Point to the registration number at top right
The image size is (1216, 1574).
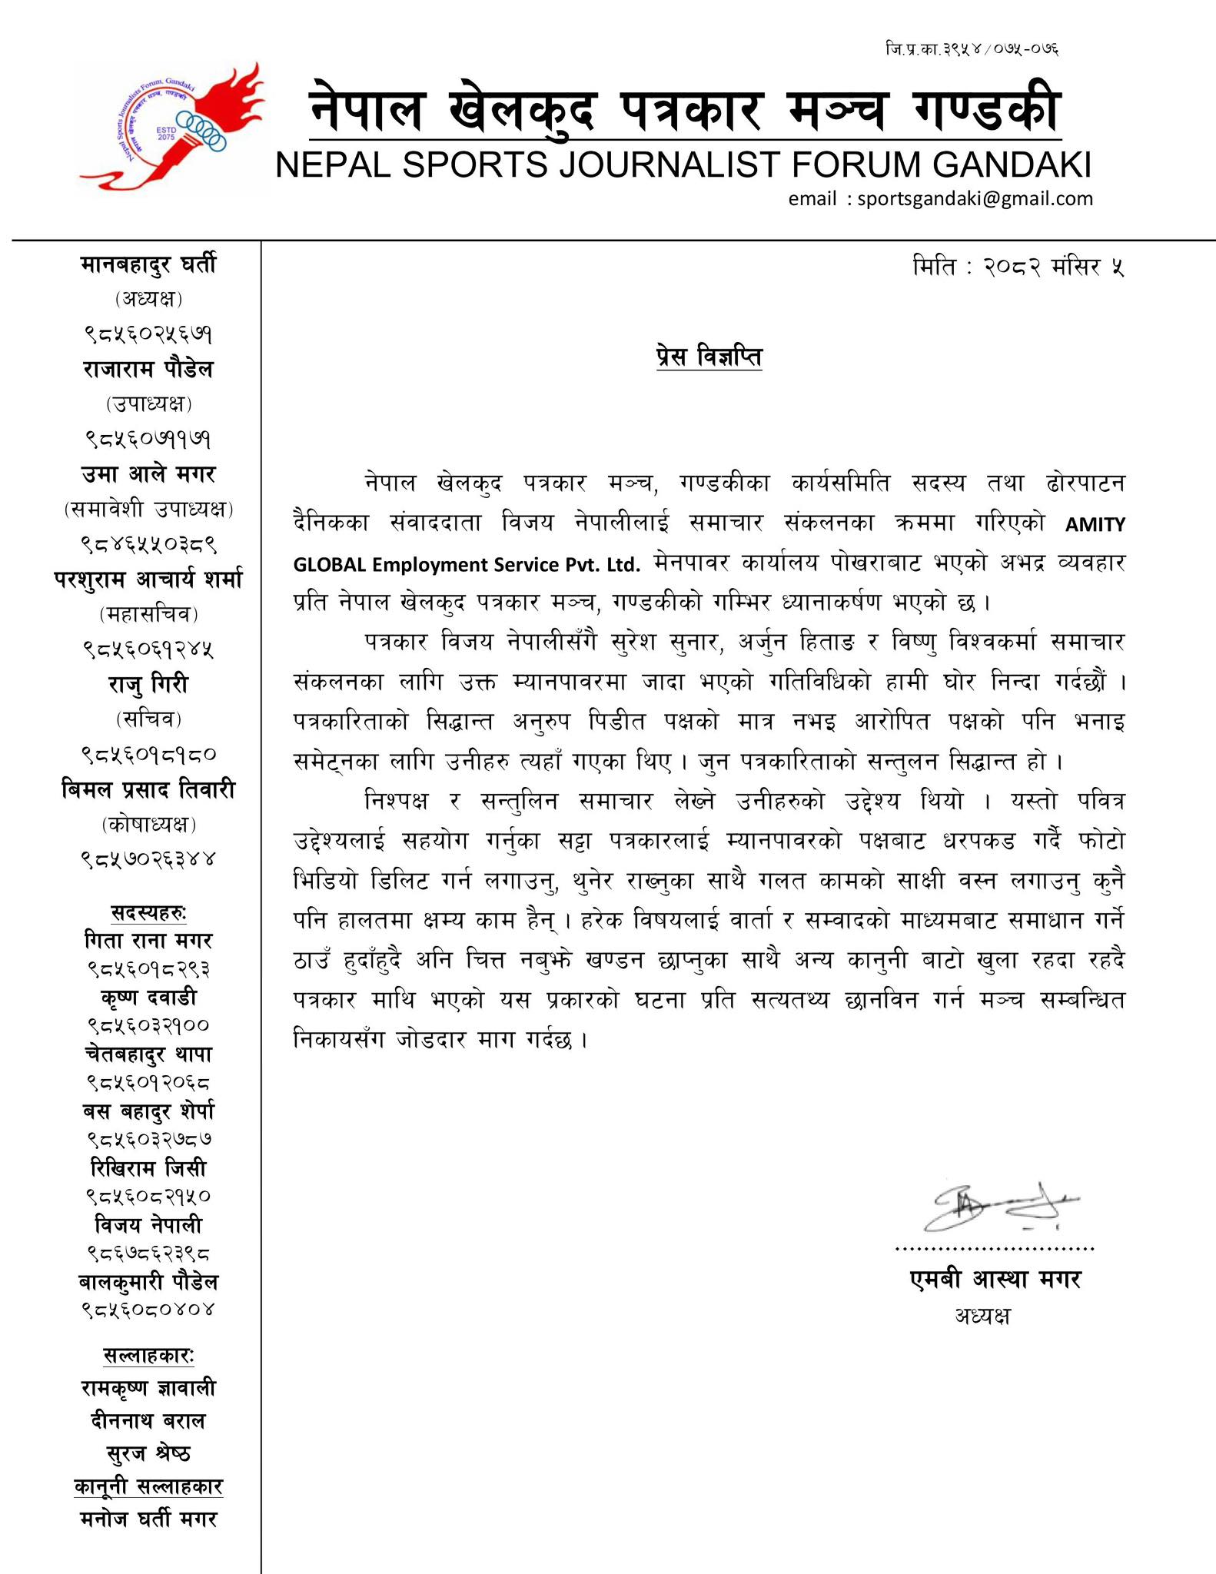tap(972, 50)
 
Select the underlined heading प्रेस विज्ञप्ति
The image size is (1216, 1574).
tap(709, 357)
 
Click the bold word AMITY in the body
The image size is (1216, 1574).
tap(1095, 525)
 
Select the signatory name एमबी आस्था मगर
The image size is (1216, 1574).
tap(995, 1280)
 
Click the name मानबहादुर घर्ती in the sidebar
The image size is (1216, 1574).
tap(148, 264)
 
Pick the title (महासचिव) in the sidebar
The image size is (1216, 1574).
tap(148, 614)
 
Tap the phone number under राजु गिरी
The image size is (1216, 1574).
tap(148, 754)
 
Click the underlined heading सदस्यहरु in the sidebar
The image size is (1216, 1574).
tap(148, 913)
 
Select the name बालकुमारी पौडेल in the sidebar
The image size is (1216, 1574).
tap(148, 1282)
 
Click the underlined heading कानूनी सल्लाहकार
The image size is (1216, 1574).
tap(148, 1486)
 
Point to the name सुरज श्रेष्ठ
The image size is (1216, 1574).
tap(148, 1453)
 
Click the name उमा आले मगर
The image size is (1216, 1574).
tap(148, 474)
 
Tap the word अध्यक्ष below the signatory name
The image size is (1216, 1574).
tap(982, 1316)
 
